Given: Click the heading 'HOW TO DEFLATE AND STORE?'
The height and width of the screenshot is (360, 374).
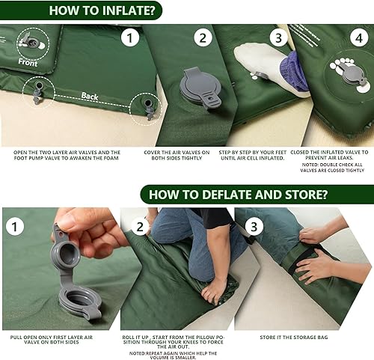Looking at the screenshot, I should coord(239,195).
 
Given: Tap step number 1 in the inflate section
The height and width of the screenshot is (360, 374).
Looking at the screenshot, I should coord(132,38).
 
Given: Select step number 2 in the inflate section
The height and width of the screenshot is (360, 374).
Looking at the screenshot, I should coord(203,38).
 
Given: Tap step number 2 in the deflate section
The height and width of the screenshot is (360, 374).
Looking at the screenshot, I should coord(140,226).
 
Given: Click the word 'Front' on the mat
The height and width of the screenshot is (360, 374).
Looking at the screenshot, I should coord(28,63).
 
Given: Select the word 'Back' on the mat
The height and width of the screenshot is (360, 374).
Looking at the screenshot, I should coord(89,97).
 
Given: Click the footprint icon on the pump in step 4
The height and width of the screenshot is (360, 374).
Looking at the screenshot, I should coord(343,66).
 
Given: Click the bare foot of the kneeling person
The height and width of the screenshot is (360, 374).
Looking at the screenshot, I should coord(213,288).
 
